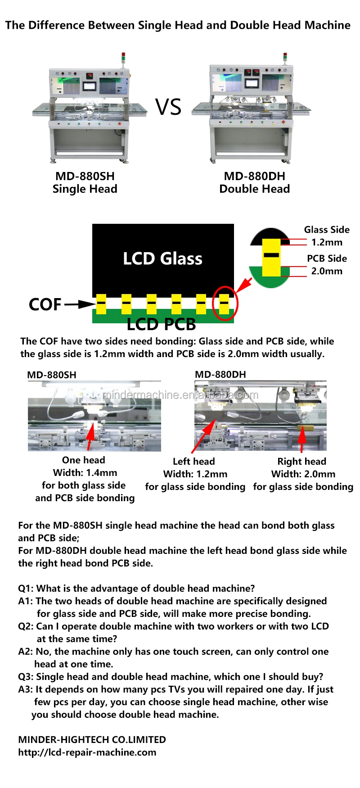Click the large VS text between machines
[169, 108]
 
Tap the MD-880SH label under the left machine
[85, 176]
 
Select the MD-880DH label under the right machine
[254, 176]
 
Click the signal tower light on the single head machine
[123, 58]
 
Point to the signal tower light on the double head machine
[285, 58]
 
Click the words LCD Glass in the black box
[162, 258]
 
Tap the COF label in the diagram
[45, 304]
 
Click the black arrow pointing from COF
[80, 304]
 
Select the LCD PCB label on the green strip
[161, 324]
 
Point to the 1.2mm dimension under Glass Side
[327, 242]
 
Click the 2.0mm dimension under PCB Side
[327, 271]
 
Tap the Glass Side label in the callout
[327, 230]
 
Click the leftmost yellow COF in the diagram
[101, 304]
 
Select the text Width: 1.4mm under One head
[85, 473]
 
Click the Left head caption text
[193, 462]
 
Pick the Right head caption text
[301, 462]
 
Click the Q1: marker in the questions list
[26, 589]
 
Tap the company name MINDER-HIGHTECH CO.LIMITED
[92, 740]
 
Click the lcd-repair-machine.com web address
[87, 752]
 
